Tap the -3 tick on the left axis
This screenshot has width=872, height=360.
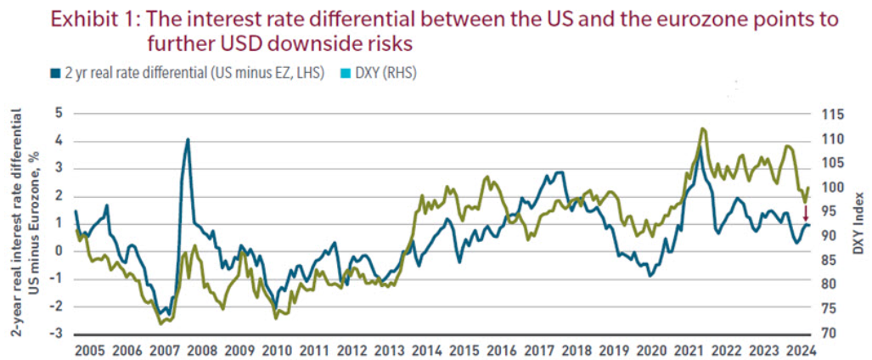[56, 334]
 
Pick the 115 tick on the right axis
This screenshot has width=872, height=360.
[829, 114]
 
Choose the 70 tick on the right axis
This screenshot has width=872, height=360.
[825, 334]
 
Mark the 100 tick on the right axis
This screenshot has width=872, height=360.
[829, 187]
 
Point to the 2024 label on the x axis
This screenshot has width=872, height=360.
[801, 349]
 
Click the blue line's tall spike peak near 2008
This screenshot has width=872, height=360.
[188, 139]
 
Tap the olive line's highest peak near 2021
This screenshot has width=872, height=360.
[702, 128]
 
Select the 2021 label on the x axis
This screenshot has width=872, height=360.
[689, 349]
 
